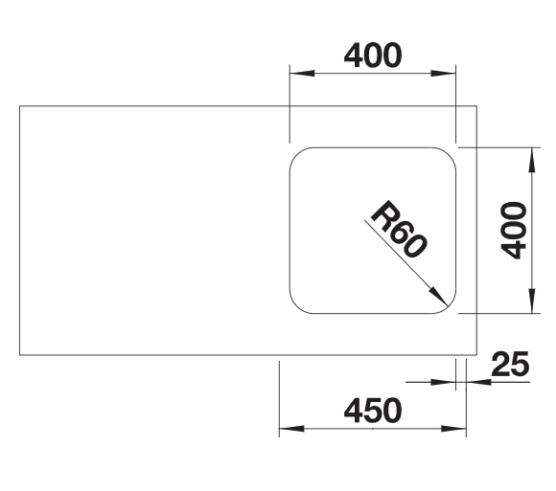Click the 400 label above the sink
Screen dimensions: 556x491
tap(373, 56)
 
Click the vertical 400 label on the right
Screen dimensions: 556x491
tap(513, 231)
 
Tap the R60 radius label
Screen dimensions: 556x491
tap(399, 229)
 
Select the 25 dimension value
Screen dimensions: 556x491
tap(510, 364)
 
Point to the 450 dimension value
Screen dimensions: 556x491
tap(373, 411)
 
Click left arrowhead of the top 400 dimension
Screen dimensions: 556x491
tap(302, 74)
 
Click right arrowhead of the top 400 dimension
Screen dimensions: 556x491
tap(443, 74)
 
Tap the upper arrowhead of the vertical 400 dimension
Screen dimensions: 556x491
tap(531, 160)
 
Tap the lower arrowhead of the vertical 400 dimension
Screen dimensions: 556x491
tap(531, 301)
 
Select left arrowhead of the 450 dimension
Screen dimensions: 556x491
tap(291, 429)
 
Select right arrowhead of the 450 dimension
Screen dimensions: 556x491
tap(453, 429)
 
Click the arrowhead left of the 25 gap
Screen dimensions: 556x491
tap(443, 382)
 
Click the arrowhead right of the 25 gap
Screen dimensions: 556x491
tap(478, 382)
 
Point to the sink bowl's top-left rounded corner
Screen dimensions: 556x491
tap(297, 154)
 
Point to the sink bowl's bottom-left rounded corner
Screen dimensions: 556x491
tap(297, 306)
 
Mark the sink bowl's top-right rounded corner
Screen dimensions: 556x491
tap(449, 154)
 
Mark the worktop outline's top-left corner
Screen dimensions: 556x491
tap(19, 106)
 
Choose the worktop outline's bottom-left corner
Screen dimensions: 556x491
tap(19, 355)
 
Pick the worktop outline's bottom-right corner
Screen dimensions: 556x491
tap(477, 355)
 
